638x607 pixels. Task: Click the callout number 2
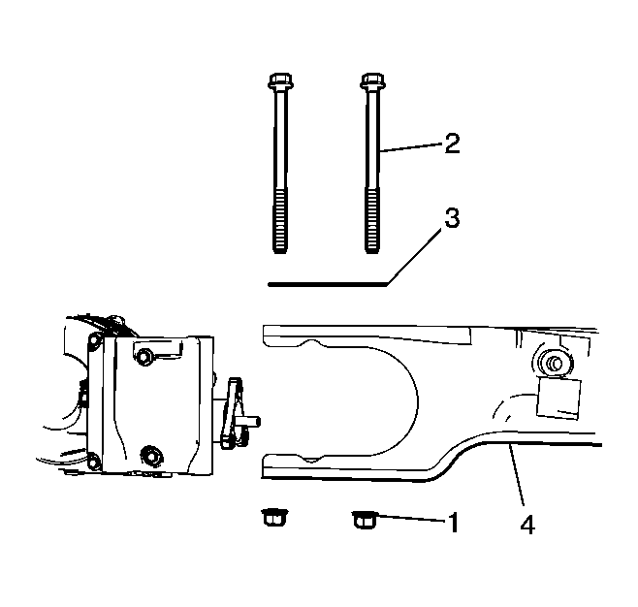[452, 143]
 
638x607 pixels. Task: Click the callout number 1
[454, 522]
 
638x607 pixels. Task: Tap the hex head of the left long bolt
[280, 80]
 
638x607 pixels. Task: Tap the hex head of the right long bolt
[372, 80]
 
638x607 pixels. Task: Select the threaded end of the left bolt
[280, 220]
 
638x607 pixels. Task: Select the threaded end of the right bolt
[372, 220]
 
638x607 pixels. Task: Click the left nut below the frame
[273, 517]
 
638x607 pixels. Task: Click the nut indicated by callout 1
[365, 520]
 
